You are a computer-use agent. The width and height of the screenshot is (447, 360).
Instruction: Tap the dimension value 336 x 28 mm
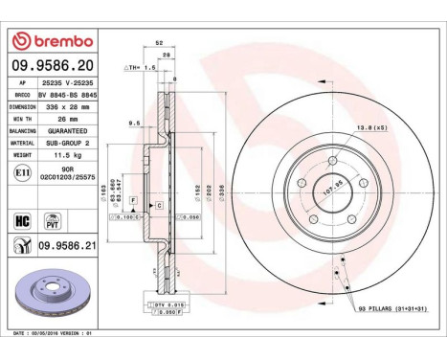pyautogui.click(x=69, y=108)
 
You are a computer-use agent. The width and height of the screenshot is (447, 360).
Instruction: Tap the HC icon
pyautogui.click(x=22, y=219)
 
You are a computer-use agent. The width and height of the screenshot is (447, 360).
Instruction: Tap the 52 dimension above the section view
pyautogui.click(x=158, y=44)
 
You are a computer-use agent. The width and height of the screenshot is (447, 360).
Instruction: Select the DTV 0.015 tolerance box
pyautogui.click(x=165, y=304)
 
